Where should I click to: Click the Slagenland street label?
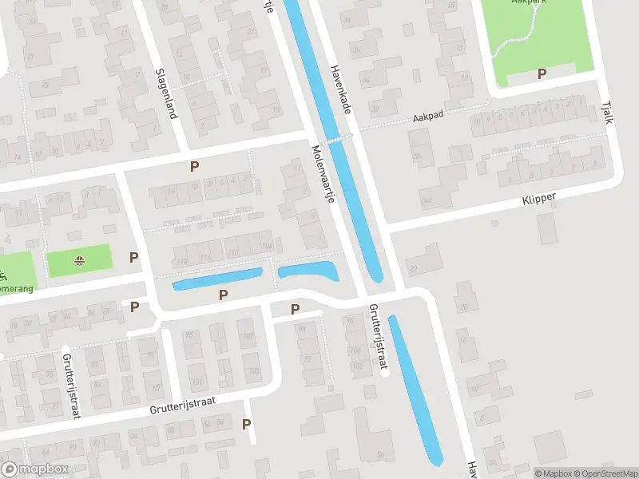coord(165,93)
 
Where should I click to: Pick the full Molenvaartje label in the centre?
coord(322,173)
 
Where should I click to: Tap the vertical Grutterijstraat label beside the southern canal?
coord(377,337)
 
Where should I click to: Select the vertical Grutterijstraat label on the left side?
coord(72,386)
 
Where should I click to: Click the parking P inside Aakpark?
coord(542,74)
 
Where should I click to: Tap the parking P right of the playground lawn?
coord(134,257)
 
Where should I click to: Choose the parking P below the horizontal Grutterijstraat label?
coord(247,425)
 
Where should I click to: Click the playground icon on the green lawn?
coord(80,260)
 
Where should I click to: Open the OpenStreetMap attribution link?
coord(605,473)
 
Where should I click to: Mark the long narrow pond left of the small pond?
coord(217,279)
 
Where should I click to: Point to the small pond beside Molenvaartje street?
coord(308,271)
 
